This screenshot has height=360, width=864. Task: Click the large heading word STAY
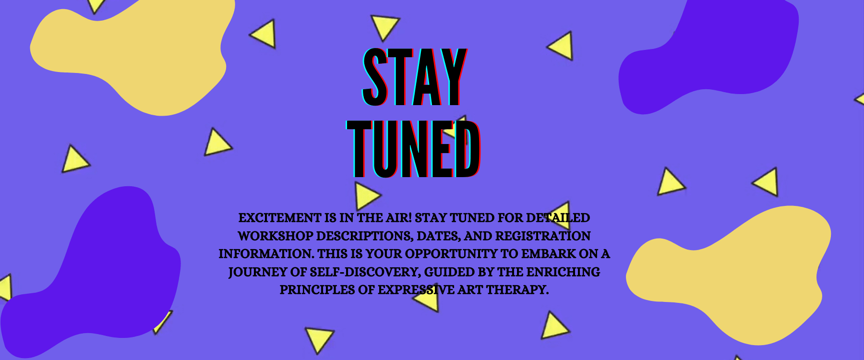click(x=414, y=77)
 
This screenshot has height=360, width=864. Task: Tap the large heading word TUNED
click(x=413, y=149)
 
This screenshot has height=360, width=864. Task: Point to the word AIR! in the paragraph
click(x=398, y=218)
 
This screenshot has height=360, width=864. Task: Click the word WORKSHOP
click(x=276, y=236)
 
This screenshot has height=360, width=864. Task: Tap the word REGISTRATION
click(x=542, y=236)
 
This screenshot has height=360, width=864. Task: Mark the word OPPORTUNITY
click(x=451, y=254)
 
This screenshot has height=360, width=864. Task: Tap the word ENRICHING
click(x=563, y=272)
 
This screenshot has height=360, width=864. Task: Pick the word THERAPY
click(x=517, y=290)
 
